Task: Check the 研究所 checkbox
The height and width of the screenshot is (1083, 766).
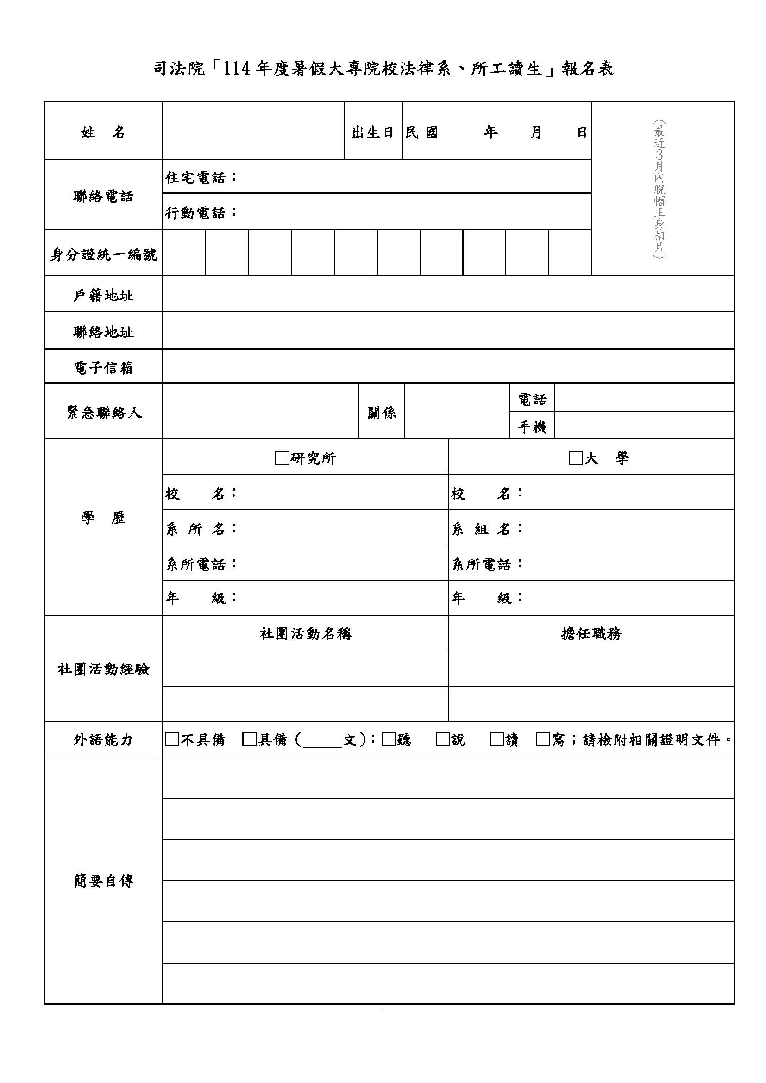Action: [x=282, y=458]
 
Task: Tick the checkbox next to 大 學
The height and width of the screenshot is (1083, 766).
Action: [x=576, y=458]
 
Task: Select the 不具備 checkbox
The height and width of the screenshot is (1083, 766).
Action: [x=172, y=739]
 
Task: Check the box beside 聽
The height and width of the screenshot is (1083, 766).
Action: [x=388, y=739]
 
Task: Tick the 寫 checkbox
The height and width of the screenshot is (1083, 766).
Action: [x=543, y=739]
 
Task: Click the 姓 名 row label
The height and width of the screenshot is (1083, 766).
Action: [x=103, y=132]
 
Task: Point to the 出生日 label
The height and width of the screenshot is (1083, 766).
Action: [x=373, y=132]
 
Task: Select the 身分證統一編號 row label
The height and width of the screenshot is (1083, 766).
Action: [x=103, y=255]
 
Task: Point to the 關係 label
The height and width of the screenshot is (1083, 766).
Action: [x=382, y=413]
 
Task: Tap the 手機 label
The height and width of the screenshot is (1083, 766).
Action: [x=532, y=427]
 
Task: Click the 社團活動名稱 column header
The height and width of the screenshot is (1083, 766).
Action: [x=305, y=633]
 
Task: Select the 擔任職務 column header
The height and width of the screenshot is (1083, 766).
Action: [x=591, y=633]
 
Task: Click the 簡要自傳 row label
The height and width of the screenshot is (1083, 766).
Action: [x=103, y=881]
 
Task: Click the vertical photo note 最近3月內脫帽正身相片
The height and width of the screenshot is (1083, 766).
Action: [x=659, y=188]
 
